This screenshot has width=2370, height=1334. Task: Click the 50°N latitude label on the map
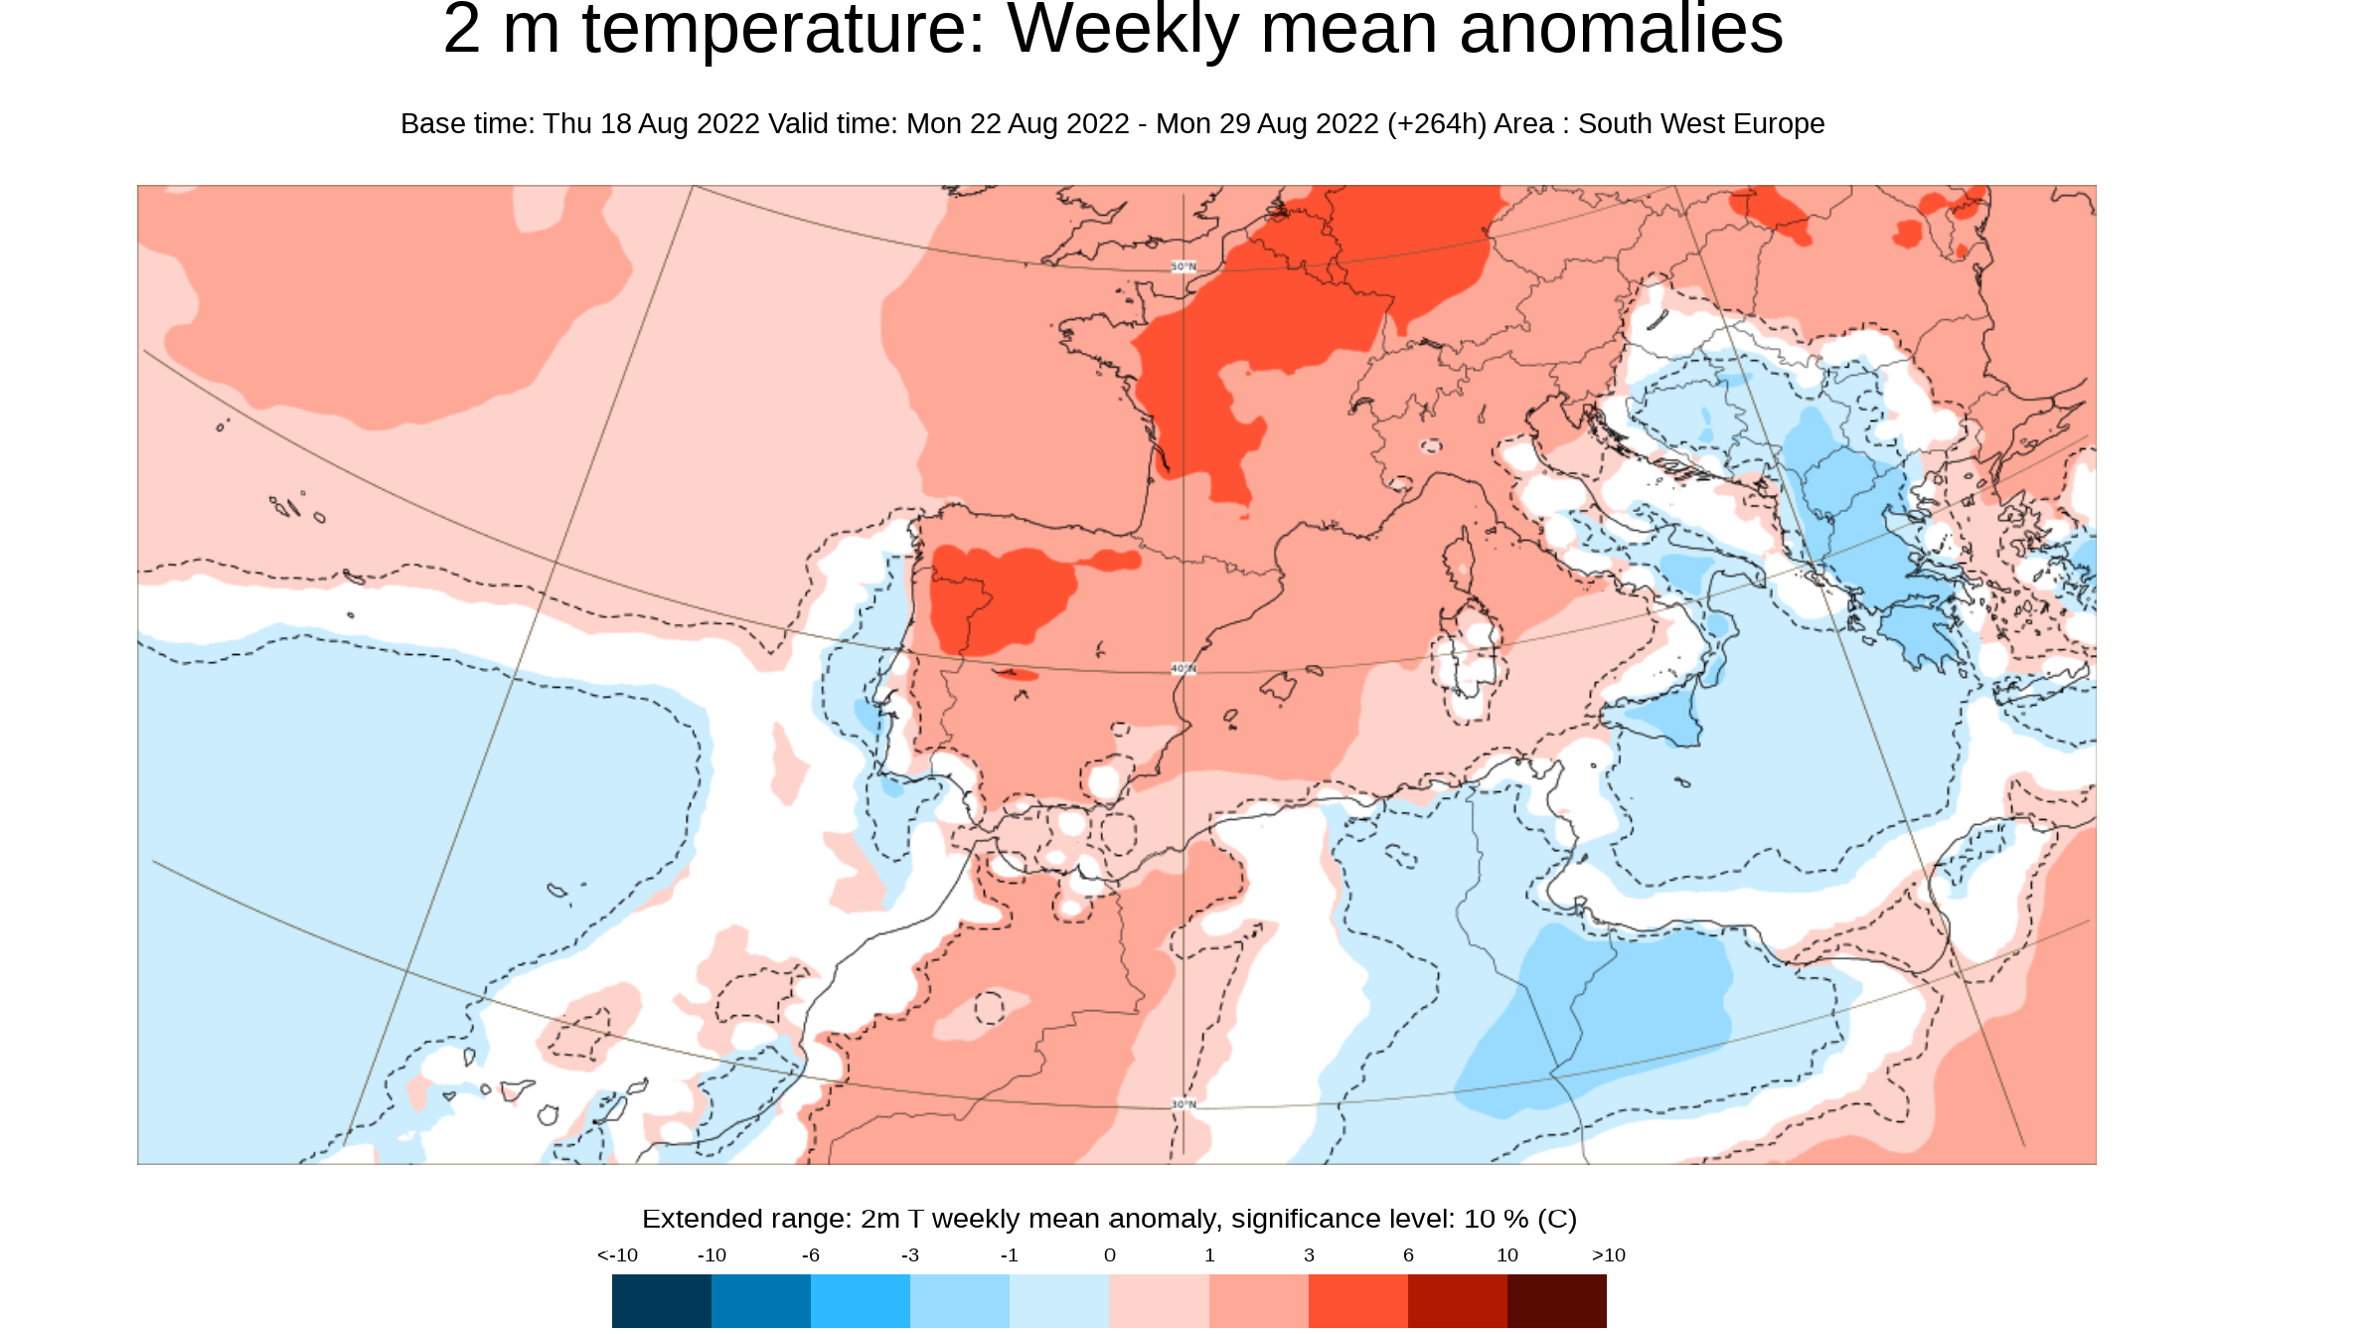[1184, 266]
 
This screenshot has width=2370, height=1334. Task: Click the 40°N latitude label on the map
[1184, 668]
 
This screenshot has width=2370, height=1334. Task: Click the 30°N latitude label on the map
[1184, 1104]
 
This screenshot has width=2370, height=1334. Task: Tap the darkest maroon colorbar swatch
[1556, 1300]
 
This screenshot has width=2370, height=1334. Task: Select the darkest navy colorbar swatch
[661, 1300]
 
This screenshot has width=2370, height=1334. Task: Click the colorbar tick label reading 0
[1110, 1255]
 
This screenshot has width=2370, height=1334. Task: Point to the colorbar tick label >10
[1608, 1255]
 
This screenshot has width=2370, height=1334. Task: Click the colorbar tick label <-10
[617, 1255]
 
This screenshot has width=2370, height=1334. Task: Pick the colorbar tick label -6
[811, 1255]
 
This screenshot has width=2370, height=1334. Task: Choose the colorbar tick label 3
[1309, 1255]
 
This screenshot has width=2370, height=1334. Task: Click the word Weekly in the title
[1123, 30]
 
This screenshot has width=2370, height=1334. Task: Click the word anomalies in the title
[1621, 30]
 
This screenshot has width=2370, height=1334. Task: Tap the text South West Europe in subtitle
[1701, 124]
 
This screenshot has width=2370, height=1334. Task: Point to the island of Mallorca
[1279, 686]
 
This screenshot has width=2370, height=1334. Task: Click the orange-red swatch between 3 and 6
[1357, 1300]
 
